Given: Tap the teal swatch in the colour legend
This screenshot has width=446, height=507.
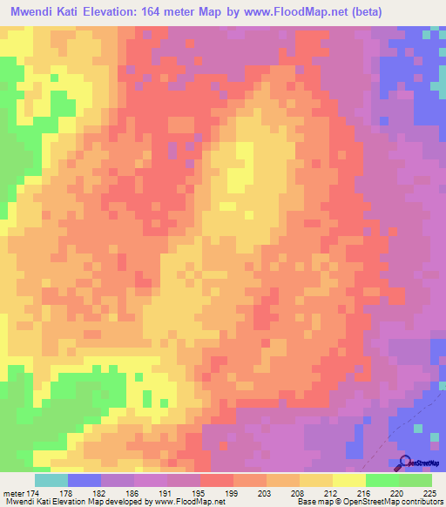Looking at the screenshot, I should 51,480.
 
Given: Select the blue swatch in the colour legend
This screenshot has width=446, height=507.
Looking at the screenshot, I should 84,480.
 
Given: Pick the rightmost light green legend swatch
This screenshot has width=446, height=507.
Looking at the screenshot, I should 415,480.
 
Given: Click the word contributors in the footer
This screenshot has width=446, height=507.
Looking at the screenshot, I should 420,503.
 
